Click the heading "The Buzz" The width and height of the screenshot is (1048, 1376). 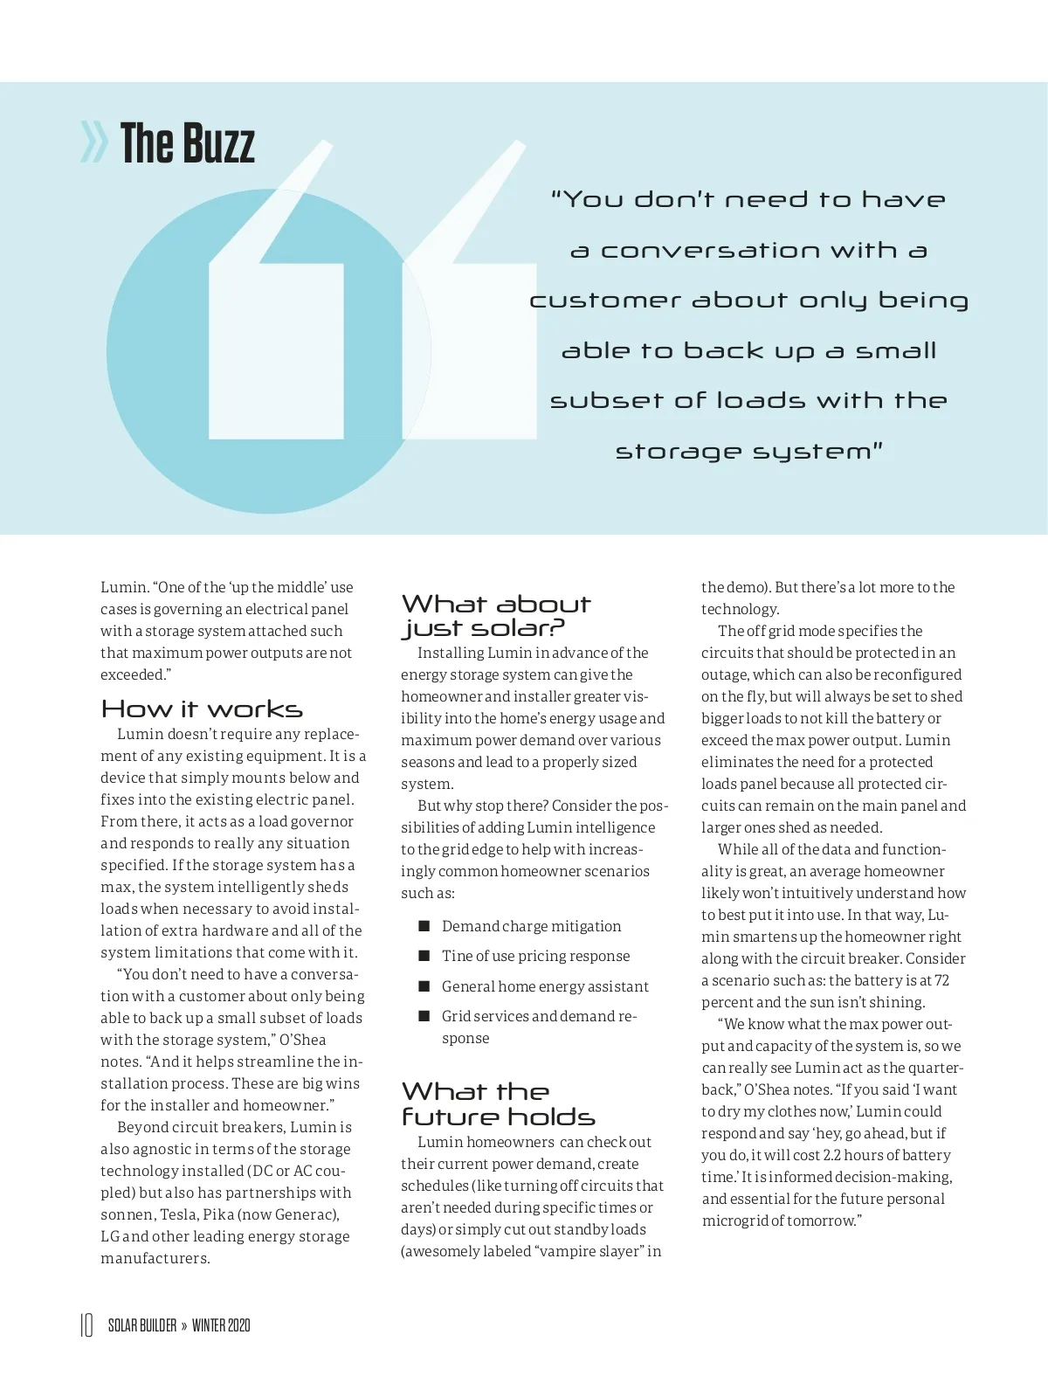point(187,144)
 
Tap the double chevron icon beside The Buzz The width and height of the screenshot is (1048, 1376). point(93,143)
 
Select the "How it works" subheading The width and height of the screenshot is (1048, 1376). point(202,709)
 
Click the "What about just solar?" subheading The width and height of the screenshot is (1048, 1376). point(495,616)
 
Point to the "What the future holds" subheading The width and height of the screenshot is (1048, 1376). point(498,1104)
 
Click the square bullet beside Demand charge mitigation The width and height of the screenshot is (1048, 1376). point(424,926)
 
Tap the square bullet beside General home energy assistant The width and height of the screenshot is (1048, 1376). point(424,986)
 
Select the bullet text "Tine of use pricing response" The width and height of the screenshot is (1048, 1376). point(535,956)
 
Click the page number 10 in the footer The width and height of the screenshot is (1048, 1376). point(86,1325)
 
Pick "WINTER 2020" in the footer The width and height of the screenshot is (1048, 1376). point(221,1325)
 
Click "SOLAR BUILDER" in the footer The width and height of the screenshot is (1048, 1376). point(142,1325)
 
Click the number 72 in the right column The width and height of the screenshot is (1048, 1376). point(941,980)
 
